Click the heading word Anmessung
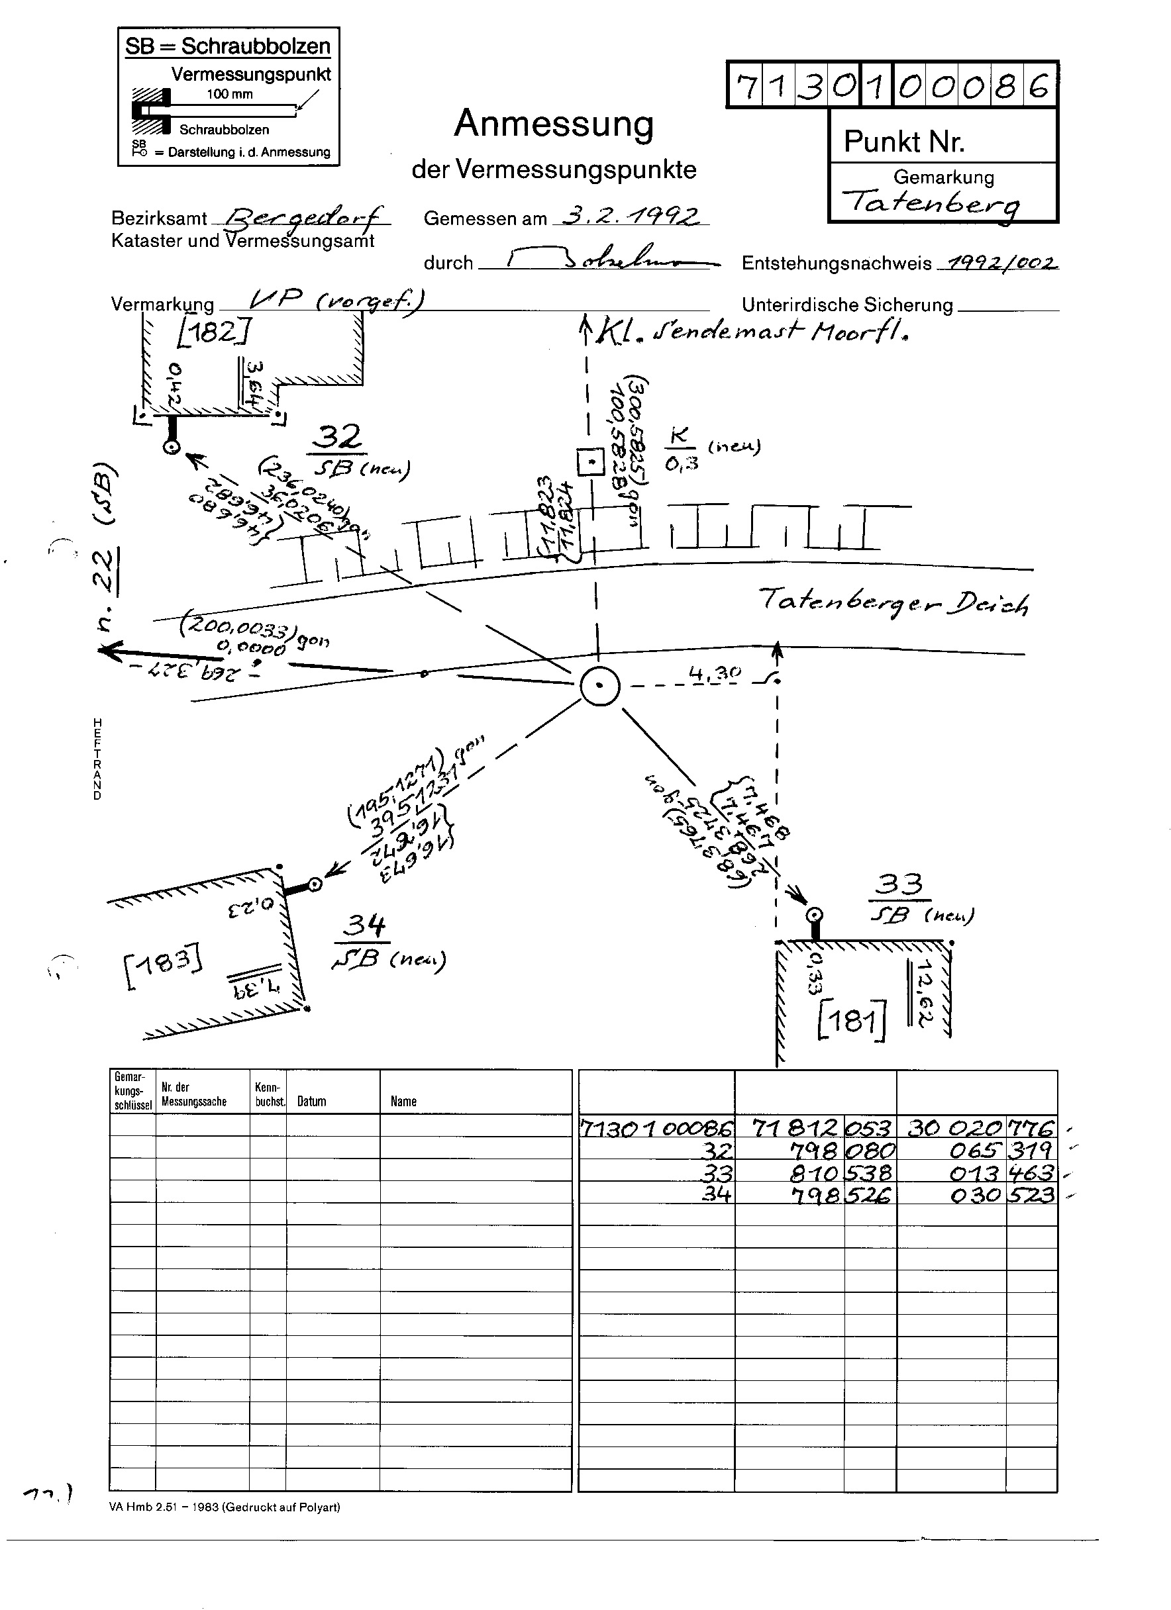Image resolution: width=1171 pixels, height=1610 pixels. click(x=553, y=124)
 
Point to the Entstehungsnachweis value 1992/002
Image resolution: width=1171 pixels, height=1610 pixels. click(x=997, y=263)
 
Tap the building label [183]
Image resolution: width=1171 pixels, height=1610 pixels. click(x=163, y=965)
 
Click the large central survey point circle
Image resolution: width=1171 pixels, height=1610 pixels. click(x=600, y=686)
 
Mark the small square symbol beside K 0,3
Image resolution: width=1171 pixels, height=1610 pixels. click(x=589, y=463)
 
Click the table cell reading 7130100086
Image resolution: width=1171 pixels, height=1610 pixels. click(x=656, y=1128)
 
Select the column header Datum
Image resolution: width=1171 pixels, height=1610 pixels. click(x=312, y=1101)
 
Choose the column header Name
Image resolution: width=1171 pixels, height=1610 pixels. click(x=403, y=1101)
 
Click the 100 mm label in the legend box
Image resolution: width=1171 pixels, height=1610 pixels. click(x=229, y=95)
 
